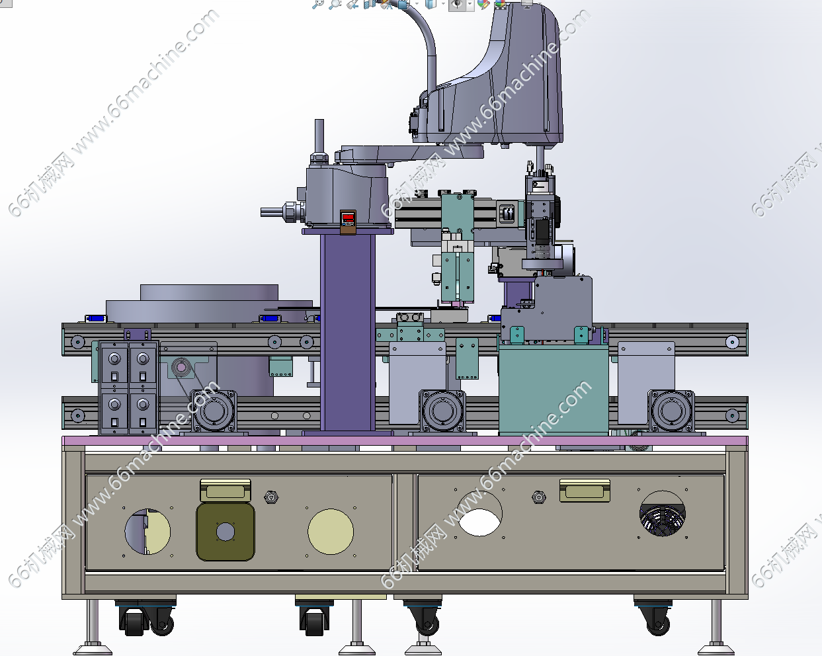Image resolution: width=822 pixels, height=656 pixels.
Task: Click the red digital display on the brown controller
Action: click(x=348, y=218)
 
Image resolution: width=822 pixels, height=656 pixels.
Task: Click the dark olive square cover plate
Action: click(x=226, y=532)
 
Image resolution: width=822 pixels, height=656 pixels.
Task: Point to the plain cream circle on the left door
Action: click(x=331, y=532)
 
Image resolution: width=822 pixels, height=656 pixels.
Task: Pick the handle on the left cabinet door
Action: click(x=226, y=491)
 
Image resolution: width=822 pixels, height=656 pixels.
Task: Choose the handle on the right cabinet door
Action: click(x=585, y=491)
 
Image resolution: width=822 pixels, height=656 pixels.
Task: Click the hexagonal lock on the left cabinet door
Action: click(x=271, y=497)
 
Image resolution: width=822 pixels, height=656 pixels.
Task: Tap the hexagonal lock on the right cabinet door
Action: click(x=539, y=497)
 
